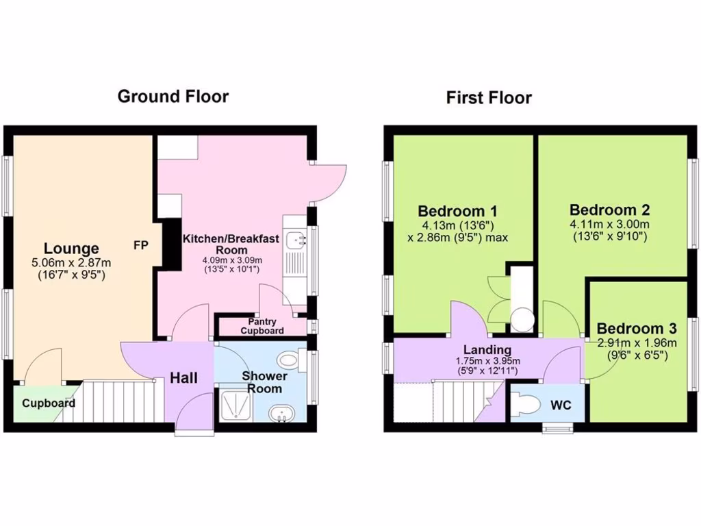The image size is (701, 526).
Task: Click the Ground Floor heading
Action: click(173, 96)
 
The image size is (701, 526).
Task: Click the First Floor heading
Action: click(489, 97)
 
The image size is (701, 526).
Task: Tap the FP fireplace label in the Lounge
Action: click(140, 245)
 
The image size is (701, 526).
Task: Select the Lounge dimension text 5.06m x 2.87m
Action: click(71, 262)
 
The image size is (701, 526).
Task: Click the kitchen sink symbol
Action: click(296, 239)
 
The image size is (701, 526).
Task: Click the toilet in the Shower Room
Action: click(290, 358)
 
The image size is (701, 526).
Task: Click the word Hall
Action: click(184, 377)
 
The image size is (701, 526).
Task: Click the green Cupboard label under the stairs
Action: click(48, 403)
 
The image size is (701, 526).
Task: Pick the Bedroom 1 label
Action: click(457, 210)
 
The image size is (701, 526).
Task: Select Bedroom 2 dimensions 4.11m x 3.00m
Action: click(610, 224)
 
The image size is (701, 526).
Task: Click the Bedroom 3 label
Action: click(639, 329)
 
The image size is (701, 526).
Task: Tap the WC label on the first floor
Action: click(561, 405)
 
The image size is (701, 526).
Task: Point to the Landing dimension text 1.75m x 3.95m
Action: click(487, 362)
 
